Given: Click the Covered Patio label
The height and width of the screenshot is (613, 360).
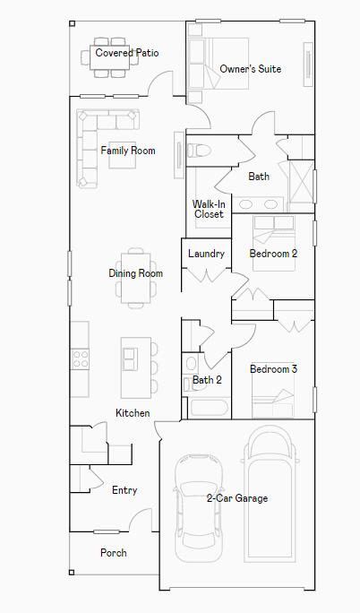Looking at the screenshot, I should [x=127, y=54].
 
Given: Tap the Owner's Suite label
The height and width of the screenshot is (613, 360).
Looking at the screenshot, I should [x=251, y=69].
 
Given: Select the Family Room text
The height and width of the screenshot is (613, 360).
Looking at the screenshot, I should [x=127, y=151].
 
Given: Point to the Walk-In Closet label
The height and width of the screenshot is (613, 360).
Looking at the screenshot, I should [x=209, y=209].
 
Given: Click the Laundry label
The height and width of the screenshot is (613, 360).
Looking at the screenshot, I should [x=206, y=254].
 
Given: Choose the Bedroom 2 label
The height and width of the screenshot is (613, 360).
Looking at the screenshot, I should [x=273, y=254].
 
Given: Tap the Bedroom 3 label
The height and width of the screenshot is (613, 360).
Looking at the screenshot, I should [x=273, y=369].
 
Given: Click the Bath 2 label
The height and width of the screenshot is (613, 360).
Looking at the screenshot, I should [x=207, y=380].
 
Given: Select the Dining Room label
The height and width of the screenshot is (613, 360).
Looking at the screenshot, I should [x=136, y=273].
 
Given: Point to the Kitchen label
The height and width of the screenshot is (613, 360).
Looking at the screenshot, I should [x=133, y=413].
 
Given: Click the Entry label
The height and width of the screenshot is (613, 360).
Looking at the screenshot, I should [x=124, y=490].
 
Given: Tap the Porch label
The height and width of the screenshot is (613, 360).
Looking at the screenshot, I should [x=114, y=553].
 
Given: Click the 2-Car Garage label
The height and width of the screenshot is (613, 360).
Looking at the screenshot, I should [x=237, y=498].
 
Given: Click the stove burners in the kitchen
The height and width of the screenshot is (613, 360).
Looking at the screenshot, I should [x=81, y=359].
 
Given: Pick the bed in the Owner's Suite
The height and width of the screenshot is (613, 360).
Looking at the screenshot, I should [x=209, y=65].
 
